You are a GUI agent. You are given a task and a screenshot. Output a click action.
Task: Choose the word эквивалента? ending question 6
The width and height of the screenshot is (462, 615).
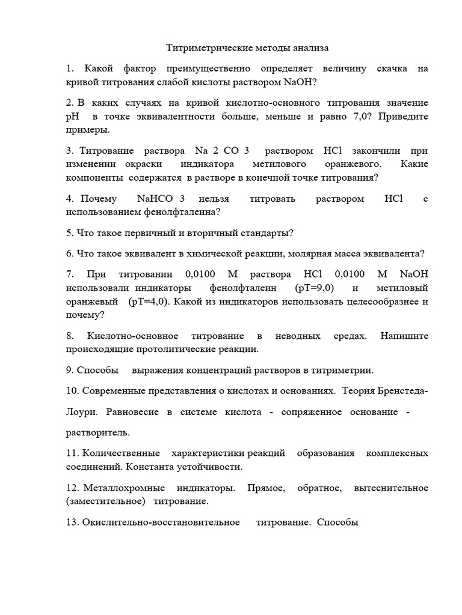click(x=397, y=253)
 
